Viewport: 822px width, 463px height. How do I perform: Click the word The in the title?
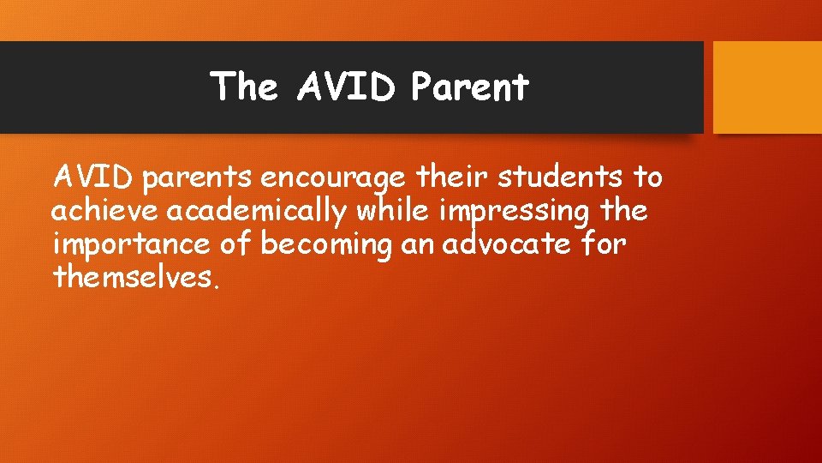coord(244,87)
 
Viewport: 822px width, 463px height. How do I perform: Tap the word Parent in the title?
coord(469,87)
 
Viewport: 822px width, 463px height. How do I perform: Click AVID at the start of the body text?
coord(94,177)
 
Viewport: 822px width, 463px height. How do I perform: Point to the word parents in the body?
coord(197,177)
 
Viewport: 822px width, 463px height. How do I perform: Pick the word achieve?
coord(105,210)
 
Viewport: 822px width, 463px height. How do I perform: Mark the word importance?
coord(131,244)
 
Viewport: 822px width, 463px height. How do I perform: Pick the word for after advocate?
coord(604,244)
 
